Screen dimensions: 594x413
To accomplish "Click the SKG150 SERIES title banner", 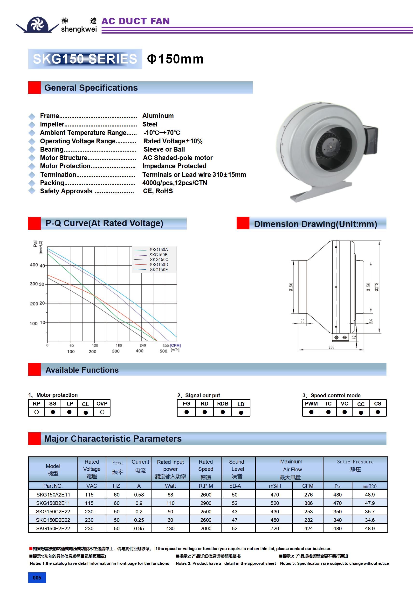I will [x=85, y=59].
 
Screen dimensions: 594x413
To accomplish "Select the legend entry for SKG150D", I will [x=159, y=264].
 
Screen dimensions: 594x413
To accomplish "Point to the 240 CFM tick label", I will [x=143, y=345].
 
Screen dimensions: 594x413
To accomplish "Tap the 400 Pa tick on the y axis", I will [x=34, y=265].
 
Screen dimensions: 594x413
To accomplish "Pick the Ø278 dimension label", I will [x=377, y=287].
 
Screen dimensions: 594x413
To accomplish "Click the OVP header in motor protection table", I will [x=102, y=404].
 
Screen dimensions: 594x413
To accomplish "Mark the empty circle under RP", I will [x=36, y=412].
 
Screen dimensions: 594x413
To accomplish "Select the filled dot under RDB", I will [x=223, y=412].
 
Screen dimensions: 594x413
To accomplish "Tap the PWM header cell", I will [x=311, y=404].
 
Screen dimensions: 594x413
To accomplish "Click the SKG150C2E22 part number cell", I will [x=53, y=511].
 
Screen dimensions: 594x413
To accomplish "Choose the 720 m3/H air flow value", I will [x=275, y=528].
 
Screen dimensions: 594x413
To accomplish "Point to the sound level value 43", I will [x=234, y=511].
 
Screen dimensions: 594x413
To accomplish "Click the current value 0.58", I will [x=139, y=495].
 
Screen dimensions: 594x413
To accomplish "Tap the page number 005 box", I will [x=37, y=578].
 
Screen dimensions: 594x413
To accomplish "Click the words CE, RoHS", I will [x=158, y=191].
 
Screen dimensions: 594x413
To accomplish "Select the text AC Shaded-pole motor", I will [x=178, y=158].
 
